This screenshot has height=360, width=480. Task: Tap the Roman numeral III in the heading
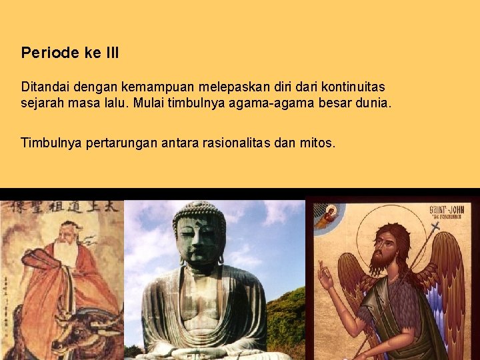click(111, 53)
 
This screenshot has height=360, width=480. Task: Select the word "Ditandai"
click(42, 87)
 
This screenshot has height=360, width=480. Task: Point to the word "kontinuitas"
click(353, 87)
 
